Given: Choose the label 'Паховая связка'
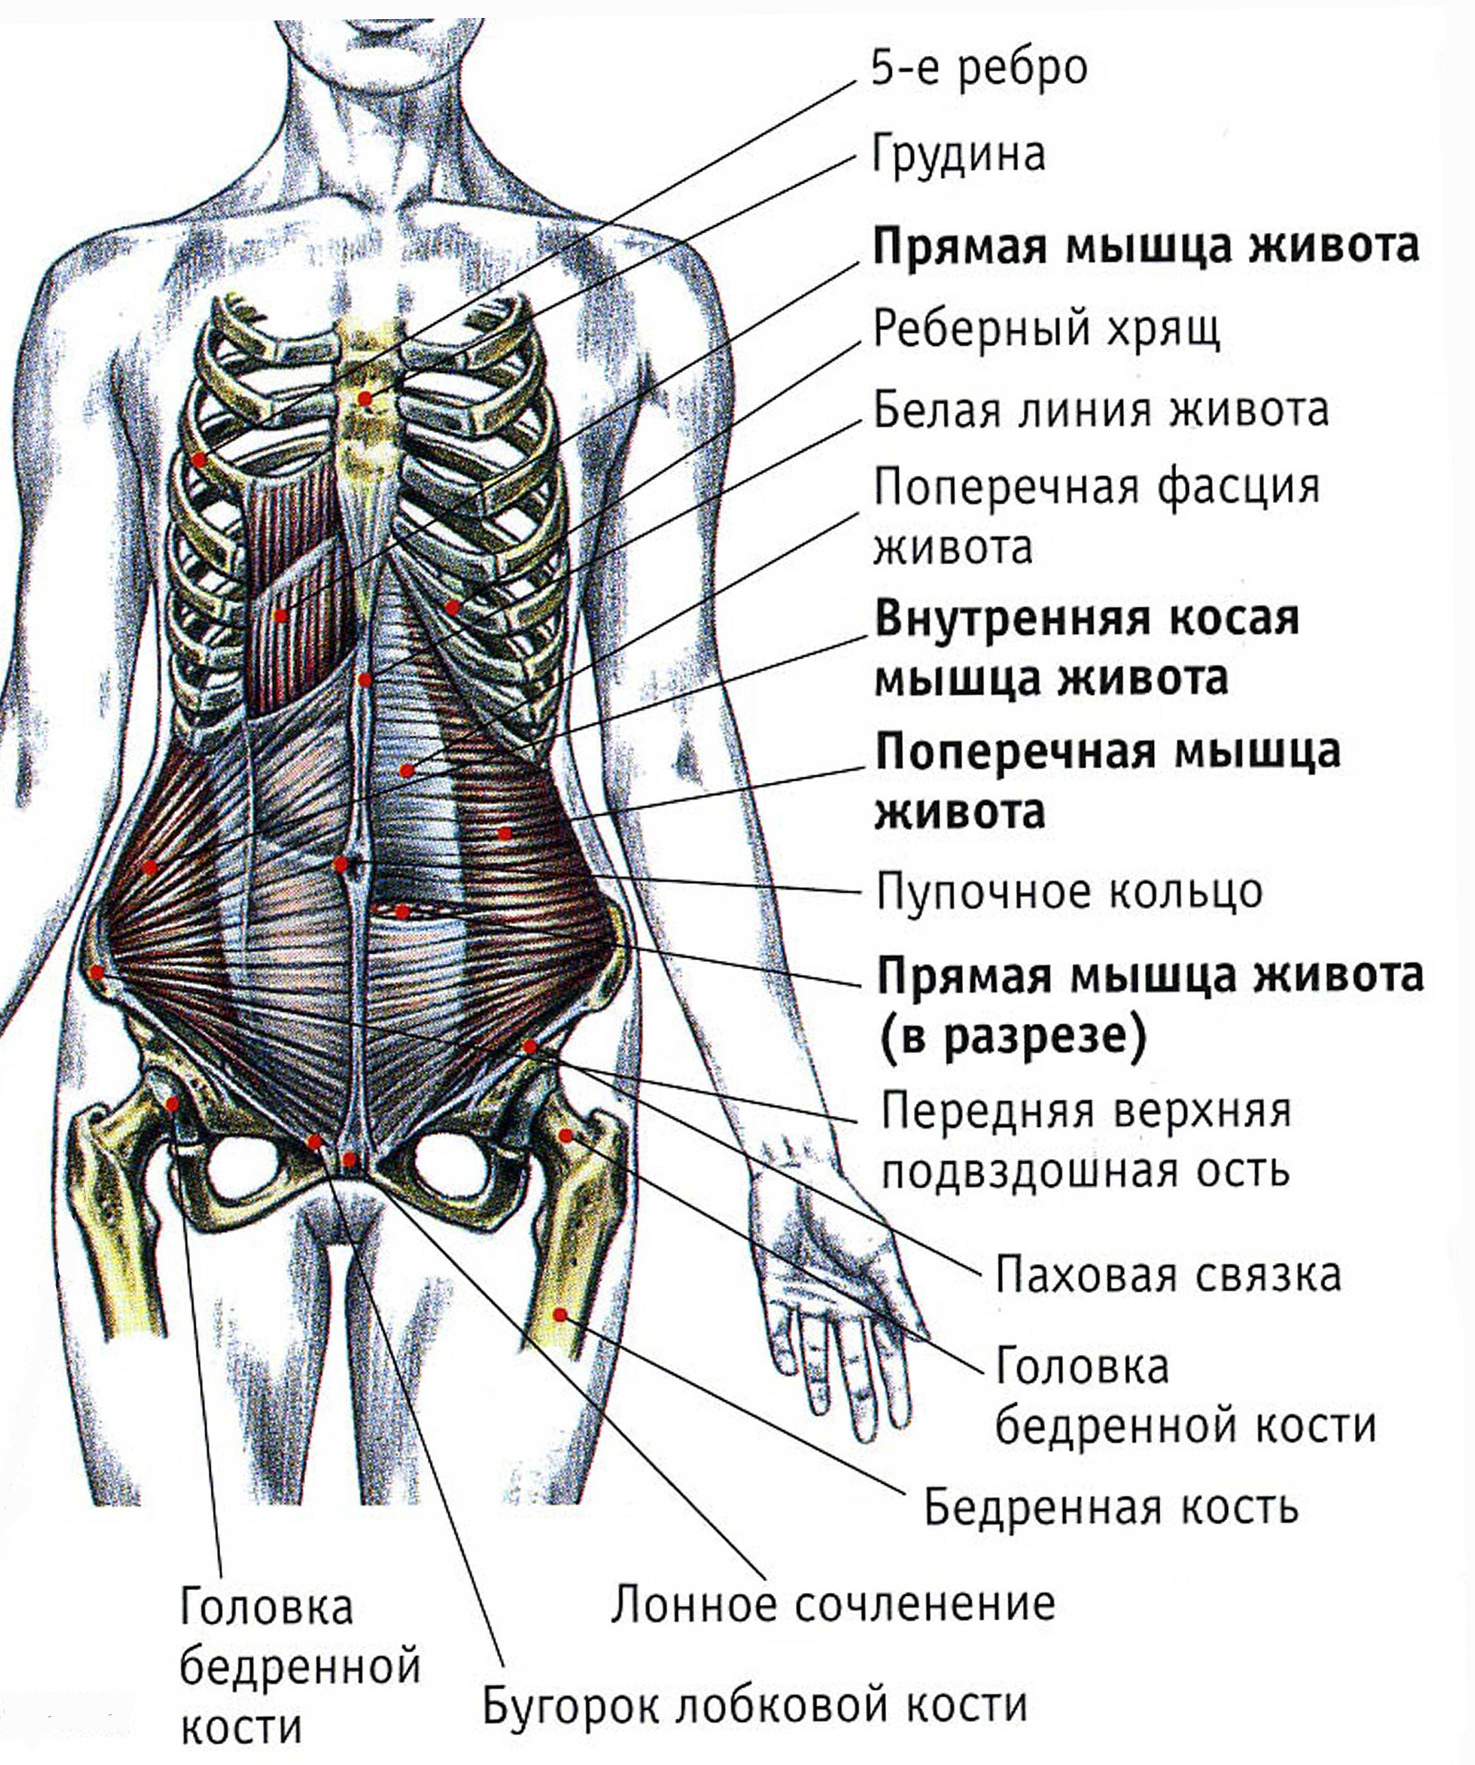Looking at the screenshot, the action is pyautogui.click(x=1168, y=1275).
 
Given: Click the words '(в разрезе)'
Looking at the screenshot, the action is pyautogui.click(x=1013, y=1038).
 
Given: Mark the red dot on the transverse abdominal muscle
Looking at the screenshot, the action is pyautogui.click(x=504, y=833).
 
